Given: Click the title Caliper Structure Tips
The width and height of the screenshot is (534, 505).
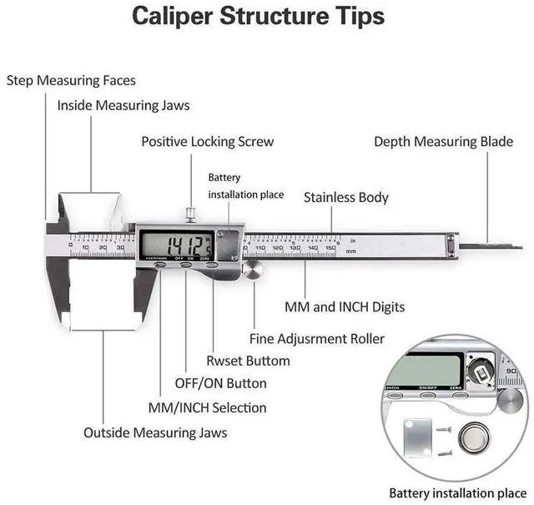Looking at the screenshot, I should [x=259, y=17].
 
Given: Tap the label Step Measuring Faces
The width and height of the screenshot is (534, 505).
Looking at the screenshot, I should [x=71, y=81].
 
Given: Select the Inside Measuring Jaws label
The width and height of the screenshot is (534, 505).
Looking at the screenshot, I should [x=123, y=106].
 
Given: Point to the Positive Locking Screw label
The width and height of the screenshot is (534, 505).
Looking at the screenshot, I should [x=207, y=142].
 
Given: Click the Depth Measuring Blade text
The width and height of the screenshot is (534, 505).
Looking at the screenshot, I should [x=443, y=142].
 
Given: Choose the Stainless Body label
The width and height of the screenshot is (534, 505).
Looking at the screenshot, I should [x=345, y=198].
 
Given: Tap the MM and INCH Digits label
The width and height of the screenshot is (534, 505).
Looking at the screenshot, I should [x=345, y=307].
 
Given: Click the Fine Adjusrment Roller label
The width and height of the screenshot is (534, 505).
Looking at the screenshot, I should [x=317, y=339].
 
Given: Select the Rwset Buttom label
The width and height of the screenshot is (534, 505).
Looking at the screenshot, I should [x=248, y=361].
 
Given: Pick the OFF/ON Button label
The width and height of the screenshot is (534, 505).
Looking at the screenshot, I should [x=220, y=384].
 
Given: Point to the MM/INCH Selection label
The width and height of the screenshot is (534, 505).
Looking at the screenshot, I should [x=207, y=408].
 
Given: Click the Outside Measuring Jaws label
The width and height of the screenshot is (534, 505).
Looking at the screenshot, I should [x=155, y=433].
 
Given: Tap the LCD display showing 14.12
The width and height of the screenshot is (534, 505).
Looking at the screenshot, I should [x=177, y=245].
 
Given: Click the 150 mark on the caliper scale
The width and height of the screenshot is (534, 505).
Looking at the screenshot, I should [x=330, y=247].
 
